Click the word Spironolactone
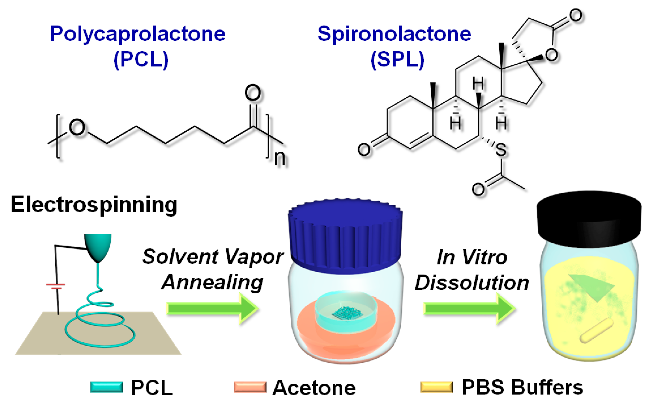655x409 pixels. click(x=394, y=34)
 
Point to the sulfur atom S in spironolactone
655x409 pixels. click(x=501, y=150)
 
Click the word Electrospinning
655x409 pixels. click(x=94, y=205)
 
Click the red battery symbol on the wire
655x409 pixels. click(x=56, y=286)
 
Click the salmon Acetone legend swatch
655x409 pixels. click(x=250, y=387)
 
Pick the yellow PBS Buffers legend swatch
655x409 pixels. click(x=437, y=387)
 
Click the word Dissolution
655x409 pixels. click(x=472, y=283)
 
